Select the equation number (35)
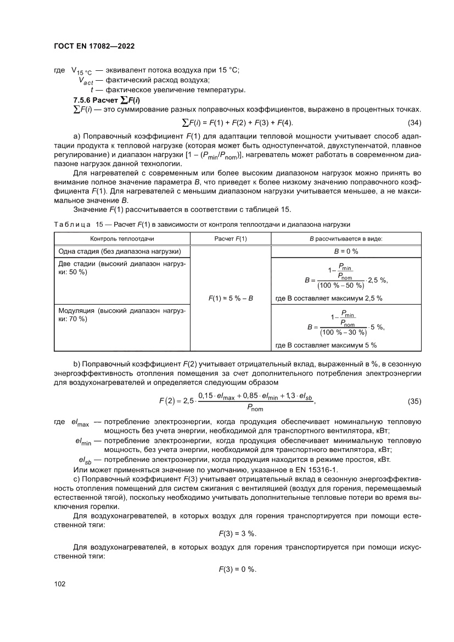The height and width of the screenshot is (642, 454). (414, 401)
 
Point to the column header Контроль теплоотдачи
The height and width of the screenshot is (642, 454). (122, 239)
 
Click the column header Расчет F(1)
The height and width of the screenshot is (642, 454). (230, 239)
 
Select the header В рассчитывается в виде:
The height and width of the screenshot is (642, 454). (346, 239)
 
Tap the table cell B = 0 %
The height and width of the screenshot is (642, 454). (346, 252)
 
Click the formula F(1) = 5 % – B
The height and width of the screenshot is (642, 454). (230, 298)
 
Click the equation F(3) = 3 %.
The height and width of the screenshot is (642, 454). (238, 533)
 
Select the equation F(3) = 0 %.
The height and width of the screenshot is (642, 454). (238, 570)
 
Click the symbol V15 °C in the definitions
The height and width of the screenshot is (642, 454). (82, 70)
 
